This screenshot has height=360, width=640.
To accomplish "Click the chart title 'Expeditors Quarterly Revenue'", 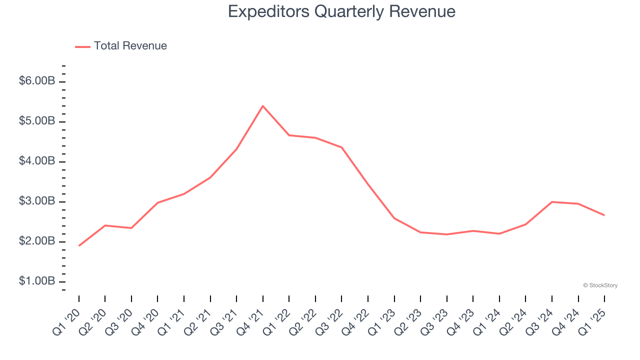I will (x=341, y=11).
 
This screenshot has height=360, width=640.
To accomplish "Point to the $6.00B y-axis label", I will (x=37, y=81).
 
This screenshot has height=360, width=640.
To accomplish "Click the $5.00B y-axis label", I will (x=37, y=121).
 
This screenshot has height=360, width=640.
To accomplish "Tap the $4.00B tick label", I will (x=37, y=161).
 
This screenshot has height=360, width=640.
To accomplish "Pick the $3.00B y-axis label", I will (x=37, y=201).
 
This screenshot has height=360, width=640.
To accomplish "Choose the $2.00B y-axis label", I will (x=37, y=241).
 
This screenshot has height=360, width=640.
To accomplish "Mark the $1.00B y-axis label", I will (x=37, y=281).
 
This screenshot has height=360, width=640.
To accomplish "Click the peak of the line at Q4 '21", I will (x=263, y=106).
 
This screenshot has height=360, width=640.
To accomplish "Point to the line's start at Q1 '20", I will (x=79, y=245).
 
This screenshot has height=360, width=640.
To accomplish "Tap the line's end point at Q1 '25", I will (x=604, y=215).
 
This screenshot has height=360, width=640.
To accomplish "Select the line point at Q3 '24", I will (x=551, y=202).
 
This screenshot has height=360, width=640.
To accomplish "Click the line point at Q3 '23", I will (x=446, y=234).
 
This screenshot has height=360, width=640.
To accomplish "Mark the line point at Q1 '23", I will (x=394, y=218).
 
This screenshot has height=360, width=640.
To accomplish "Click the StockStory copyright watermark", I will (x=600, y=285).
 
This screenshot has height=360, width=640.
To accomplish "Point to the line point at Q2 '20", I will (x=105, y=225).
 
